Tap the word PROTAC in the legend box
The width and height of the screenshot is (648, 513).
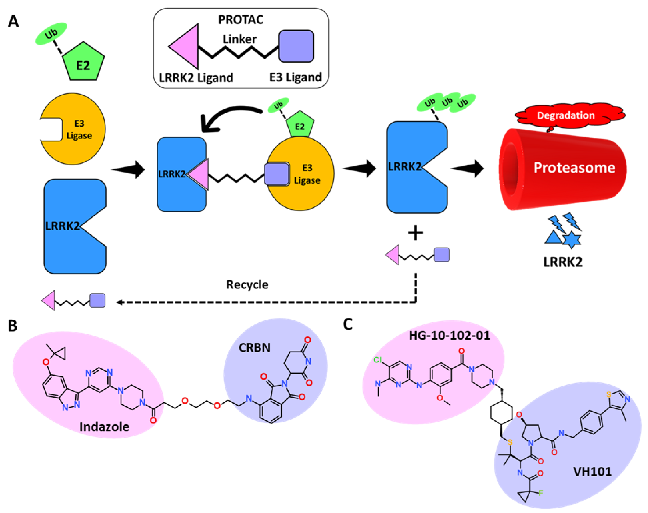click(240, 20)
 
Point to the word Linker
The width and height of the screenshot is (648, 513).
click(239, 39)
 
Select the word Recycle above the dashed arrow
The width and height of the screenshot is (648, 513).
click(247, 284)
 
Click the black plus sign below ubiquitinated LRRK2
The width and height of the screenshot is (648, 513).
click(416, 233)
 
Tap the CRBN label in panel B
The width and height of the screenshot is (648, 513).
click(254, 348)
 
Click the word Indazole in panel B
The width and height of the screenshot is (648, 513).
click(104, 426)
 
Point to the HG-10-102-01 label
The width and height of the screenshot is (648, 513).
click(449, 335)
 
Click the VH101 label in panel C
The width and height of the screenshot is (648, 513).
click(592, 472)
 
